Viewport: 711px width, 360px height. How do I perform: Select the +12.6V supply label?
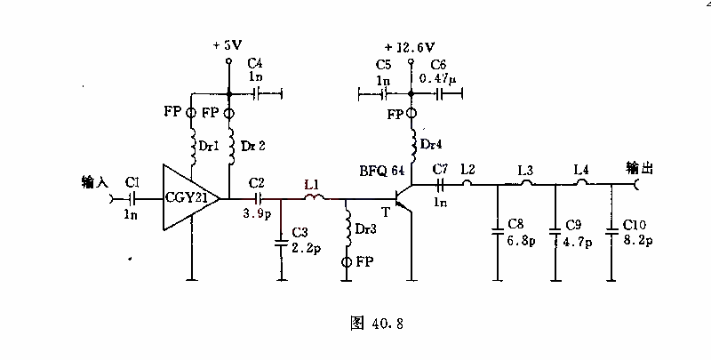pyautogui.click(x=410, y=47)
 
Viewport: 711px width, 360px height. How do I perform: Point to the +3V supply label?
pyautogui.click(x=228, y=44)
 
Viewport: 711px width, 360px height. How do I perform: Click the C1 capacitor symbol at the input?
pyautogui.click(x=132, y=198)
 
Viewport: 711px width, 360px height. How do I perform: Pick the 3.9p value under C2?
pyautogui.click(x=257, y=213)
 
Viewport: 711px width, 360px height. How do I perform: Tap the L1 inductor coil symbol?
pyautogui.click(x=314, y=197)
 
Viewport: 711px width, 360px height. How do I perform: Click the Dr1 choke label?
pyautogui.click(x=209, y=146)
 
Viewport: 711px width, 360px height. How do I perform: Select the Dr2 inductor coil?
pyautogui.click(x=229, y=146)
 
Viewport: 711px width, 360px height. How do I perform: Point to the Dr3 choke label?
pyautogui.click(x=365, y=229)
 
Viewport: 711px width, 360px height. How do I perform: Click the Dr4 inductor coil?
pyautogui.click(x=413, y=144)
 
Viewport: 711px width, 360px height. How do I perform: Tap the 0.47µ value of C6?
pyautogui.click(x=437, y=78)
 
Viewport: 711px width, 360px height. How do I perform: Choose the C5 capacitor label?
pyautogui.click(x=383, y=65)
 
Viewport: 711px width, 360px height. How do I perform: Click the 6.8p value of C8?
pyautogui.click(x=521, y=240)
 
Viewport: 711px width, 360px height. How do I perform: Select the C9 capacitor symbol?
pyautogui.click(x=555, y=232)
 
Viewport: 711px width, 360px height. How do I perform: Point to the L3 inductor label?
pyautogui.click(x=525, y=171)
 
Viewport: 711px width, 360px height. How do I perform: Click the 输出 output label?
pyautogui.click(x=639, y=168)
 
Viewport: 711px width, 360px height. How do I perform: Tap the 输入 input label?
pyautogui.click(x=95, y=182)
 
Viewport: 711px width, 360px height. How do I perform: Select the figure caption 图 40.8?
pyautogui.click(x=377, y=324)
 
